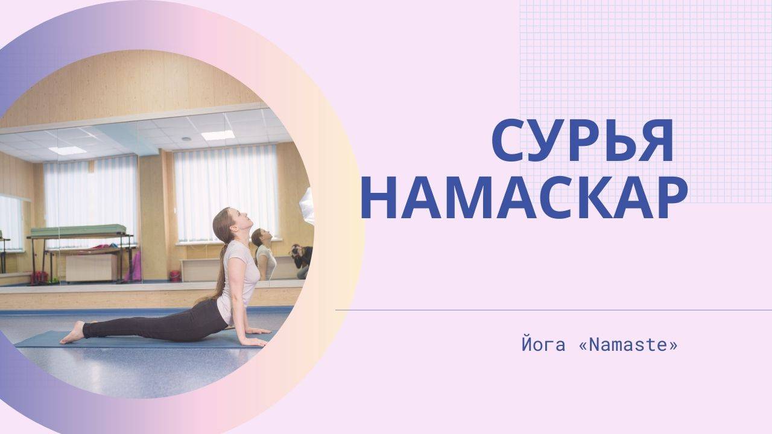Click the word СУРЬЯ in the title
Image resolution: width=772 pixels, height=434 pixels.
click(x=582, y=140)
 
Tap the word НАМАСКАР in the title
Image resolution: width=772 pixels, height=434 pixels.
click(x=524, y=198)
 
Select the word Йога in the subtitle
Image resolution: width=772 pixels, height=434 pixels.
click(x=543, y=345)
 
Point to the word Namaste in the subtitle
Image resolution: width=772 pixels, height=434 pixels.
click(x=628, y=345)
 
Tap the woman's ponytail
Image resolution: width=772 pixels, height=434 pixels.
click(x=221, y=262)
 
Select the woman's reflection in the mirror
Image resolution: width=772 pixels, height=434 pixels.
click(x=264, y=254)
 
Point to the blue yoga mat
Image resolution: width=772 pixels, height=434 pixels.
click(x=145, y=340)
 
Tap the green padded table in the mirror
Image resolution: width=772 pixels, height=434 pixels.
click(x=78, y=230)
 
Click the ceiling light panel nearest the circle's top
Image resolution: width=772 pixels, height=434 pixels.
click(x=218, y=135)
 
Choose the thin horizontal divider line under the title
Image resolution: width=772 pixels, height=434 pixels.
click(x=554, y=310)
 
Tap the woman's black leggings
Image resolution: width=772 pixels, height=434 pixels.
click(x=155, y=324)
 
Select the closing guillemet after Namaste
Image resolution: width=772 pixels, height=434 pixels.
click(x=672, y=346)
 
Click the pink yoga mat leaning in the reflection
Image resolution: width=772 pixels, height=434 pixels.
click(x=135, y=266)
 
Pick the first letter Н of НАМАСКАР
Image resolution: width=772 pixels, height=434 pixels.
click(x=378, y=198)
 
